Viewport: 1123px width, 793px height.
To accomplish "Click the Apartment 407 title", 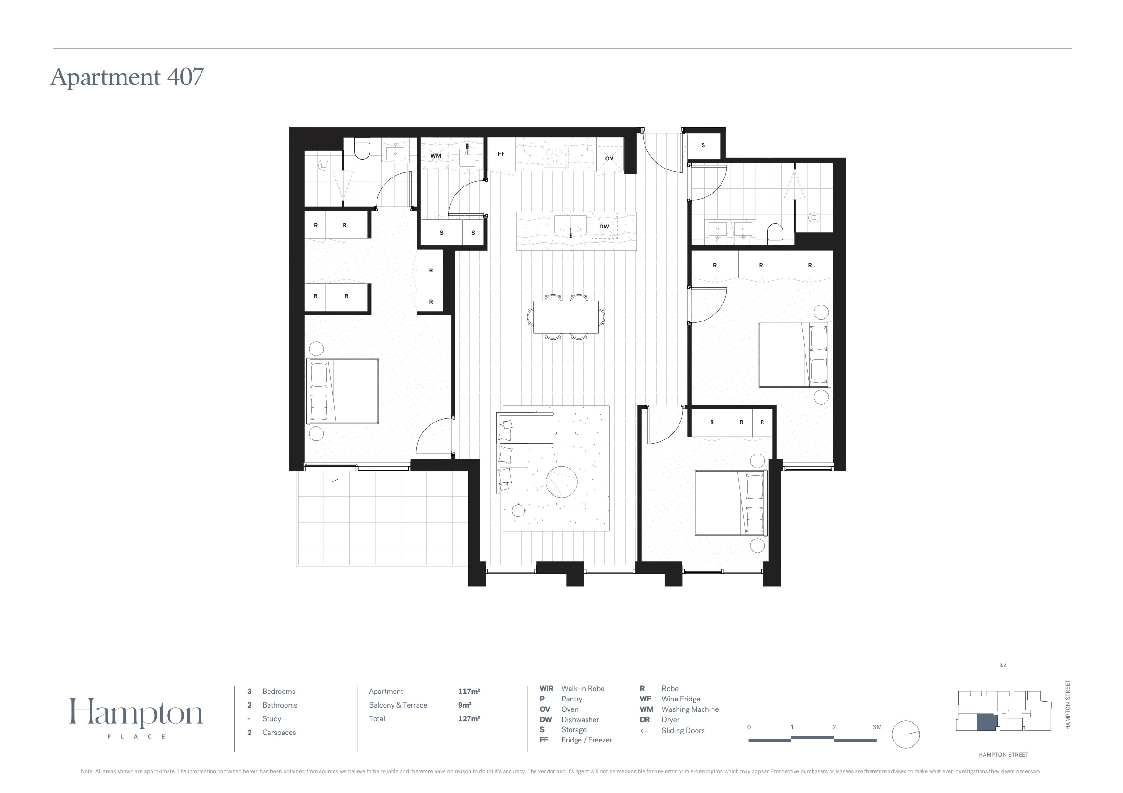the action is tap(127, 77).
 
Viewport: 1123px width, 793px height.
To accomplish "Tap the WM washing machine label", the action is tap(436, 156).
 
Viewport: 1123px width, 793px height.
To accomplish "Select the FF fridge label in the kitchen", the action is tap(501, 153).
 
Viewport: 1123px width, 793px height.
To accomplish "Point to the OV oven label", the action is tap(609, 159).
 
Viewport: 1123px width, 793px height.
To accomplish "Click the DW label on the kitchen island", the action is tap(604, 227).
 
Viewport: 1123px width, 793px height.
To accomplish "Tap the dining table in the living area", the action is tap(566, 317).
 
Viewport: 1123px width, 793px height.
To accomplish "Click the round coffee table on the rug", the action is tap(561, 481).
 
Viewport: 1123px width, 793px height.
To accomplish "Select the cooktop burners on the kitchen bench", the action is tap(554, 157).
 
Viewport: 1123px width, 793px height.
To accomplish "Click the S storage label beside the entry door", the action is tap(704, 145).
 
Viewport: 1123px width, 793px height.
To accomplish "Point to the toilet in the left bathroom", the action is tap(362, 150).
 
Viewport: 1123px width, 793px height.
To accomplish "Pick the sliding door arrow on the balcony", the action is tap(332, 480).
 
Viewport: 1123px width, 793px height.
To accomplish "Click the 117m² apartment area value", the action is tap(469, 691).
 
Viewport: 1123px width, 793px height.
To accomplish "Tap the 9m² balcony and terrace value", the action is tap(465, 705).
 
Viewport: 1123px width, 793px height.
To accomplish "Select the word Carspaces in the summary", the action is tap(279, 732).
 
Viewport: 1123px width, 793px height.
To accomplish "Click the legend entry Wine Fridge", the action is tap(681, 699).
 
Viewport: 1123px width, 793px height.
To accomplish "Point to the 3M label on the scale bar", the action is tap(877, 727).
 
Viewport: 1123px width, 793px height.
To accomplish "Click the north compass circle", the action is tap(906, 734).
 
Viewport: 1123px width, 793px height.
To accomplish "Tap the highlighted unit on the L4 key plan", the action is tap(987, 723).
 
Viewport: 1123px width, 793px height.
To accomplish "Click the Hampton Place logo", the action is tap(136, 717).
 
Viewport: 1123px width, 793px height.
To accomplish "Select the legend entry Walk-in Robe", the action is tap(583, 688).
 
